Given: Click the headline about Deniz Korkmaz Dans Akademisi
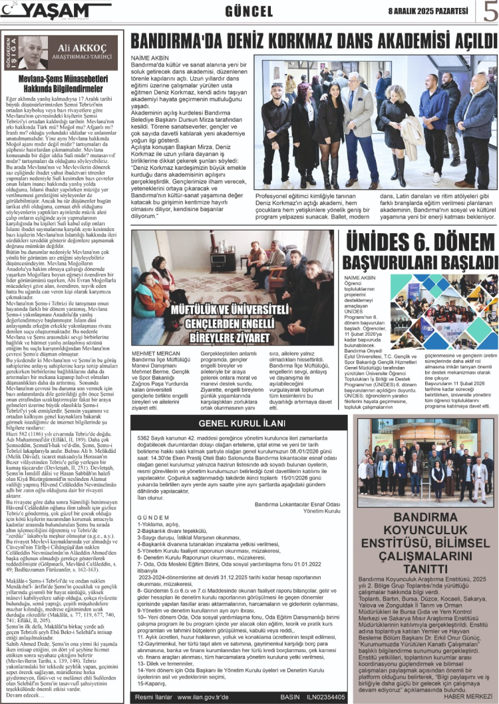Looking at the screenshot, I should [x=314, y=41].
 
